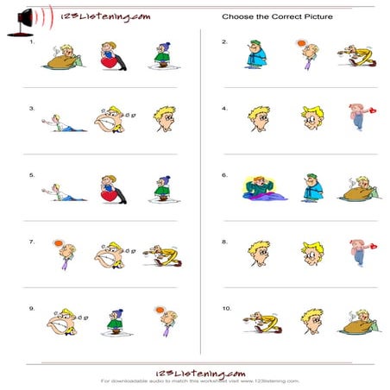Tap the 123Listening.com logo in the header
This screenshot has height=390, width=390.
pyautogui.click(x=101, y=16)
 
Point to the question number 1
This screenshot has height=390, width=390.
pyautogui.click(x=32, y=42)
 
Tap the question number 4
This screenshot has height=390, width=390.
pyautogui.click(x=224, y=109)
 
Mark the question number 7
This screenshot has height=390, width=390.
pyautogui.click(x=32, y=242)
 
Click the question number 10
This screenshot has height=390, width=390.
pyautogui.click(x=225, y=308)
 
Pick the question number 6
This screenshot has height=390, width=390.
pyautogui.click(x=224, y=175)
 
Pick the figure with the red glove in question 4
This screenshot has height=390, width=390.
pyautogui.click(x=357, y=116)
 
